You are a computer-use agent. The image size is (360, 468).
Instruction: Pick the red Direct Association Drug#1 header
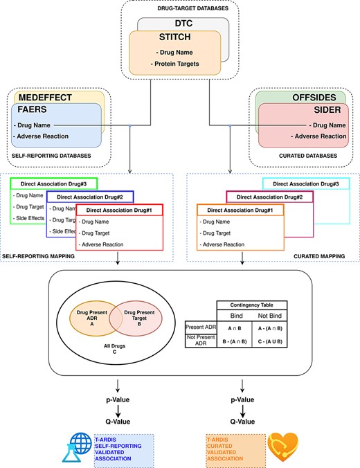click(x=118, y=209)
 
